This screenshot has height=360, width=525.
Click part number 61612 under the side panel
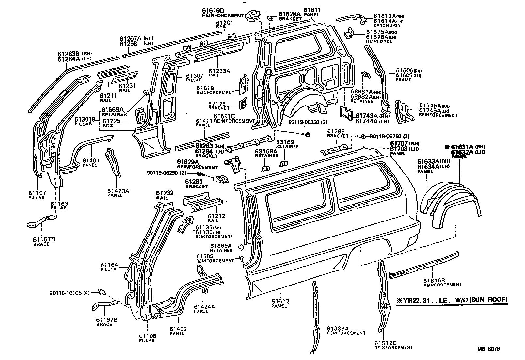pos(280,301)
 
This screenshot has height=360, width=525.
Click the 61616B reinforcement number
pos(434,280)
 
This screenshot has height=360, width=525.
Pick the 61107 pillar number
pos(37,193)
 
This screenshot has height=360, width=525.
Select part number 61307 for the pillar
pos(195,76)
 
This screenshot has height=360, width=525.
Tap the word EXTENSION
pos(387,25)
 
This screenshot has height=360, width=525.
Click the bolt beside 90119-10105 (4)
pos(101,292)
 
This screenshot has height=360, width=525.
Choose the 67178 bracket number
pos(217,104)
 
